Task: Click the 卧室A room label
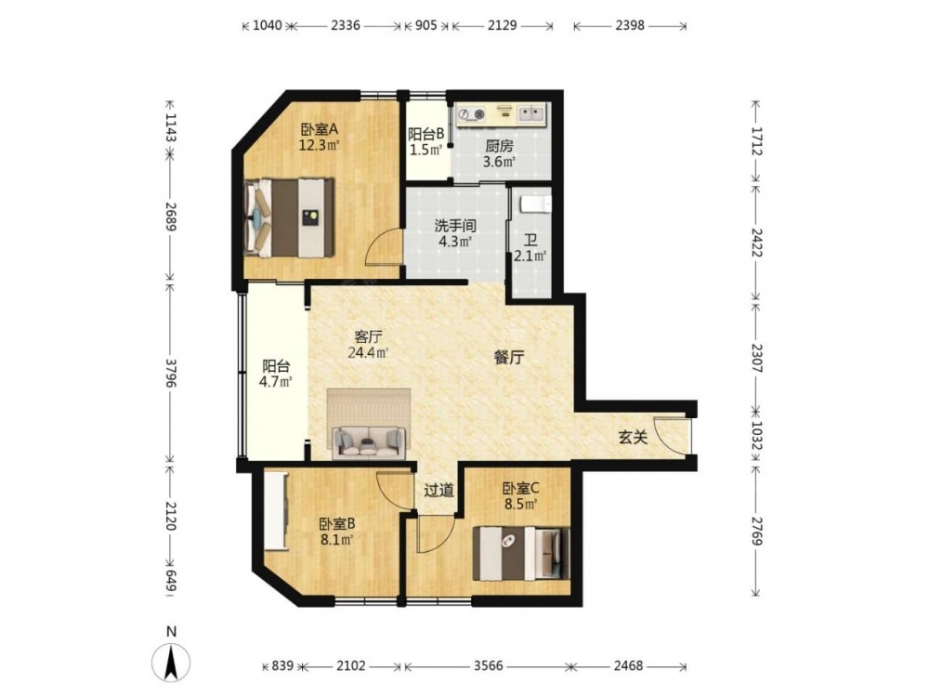[320, 129]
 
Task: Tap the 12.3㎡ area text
[319, 145]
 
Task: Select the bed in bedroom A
[289, 217]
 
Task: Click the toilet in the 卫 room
[536, 204]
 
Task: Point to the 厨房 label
[499, 146]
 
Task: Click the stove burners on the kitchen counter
[472, 113]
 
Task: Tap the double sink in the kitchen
[531, 113]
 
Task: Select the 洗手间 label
[455, 226]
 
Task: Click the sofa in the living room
[369, 441]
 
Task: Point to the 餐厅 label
[509, 358]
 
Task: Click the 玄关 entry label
[633, 438]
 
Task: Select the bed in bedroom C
[521, 554]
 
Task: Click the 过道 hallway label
[439, 490]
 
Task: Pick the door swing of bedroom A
[384, 248]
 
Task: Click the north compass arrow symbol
[171, 661]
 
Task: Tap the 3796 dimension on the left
[171, 373]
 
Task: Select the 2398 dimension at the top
[630, 25]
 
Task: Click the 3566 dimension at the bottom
[489, 665]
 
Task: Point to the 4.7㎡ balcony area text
[276, 382]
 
